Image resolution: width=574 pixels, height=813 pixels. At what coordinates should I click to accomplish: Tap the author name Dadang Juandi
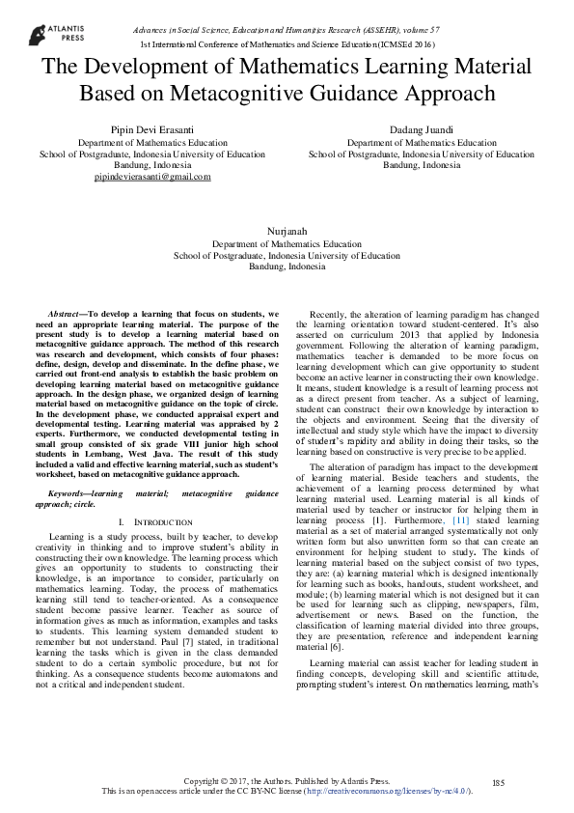pyautogui.click(x=421, y=129)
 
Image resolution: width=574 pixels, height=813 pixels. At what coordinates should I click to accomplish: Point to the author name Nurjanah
pyautogui.click(x=286, y=233)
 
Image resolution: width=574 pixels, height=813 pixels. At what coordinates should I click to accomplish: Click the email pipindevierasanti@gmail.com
pyautogui.click(x=152, y=178)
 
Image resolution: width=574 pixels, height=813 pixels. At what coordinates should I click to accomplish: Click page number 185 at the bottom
pyautogui.click(x=499, y=781)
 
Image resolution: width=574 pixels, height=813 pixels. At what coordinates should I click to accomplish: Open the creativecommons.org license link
pyautogui.click(x=386, y=790)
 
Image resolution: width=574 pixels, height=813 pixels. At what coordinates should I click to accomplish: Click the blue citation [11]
pyautogui.click(x=462, y=519)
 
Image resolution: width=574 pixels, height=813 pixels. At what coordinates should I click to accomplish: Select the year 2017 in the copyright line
pyautogui.click(x=243, y=779)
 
